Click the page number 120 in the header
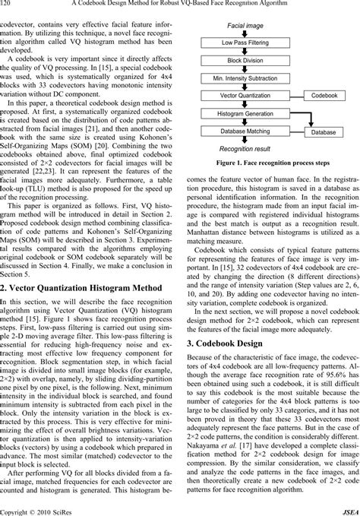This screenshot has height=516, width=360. click(x=7, y=5)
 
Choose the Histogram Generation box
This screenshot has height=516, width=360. click(x=241, y=114)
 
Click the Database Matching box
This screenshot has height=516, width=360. click(x=241, y=131)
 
